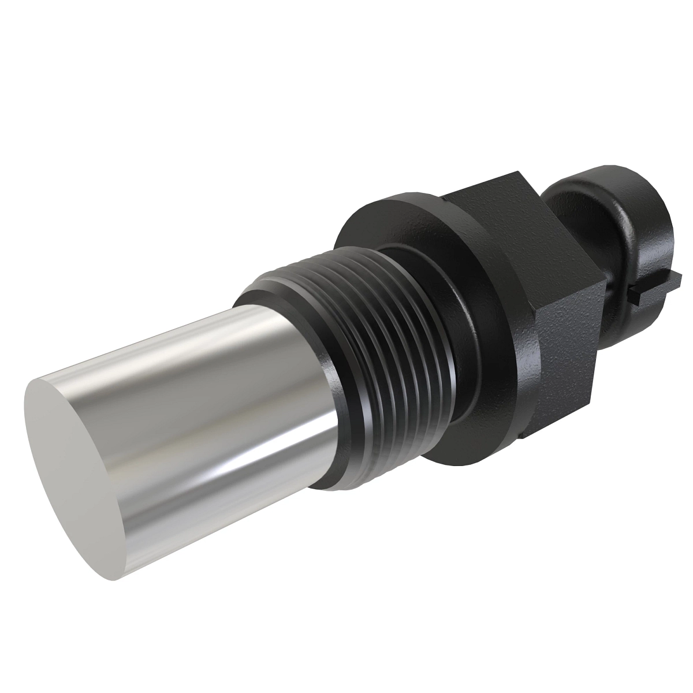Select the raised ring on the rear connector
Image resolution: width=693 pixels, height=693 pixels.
click(577, 219)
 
